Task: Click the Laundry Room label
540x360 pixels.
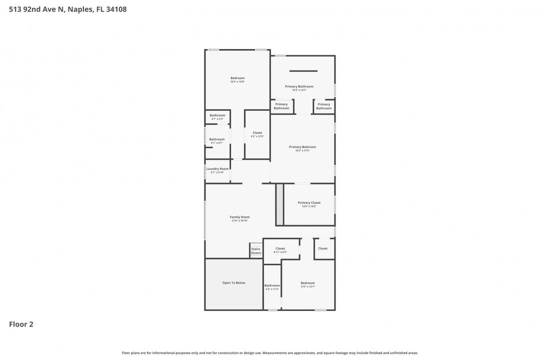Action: [217, 169]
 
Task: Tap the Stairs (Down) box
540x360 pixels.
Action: [256, 250]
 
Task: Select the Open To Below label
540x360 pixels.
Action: [233, 283]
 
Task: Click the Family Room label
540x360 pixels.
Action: [239, 217]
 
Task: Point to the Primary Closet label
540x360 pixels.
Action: [309, 202]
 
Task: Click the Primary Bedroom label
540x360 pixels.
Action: [302, 147]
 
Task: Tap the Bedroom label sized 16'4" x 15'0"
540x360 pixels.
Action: [237, 78]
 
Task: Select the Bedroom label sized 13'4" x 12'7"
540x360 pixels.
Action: [307, 283]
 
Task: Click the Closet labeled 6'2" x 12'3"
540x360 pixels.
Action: [257, 133]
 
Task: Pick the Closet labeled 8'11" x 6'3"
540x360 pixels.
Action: [280, 248]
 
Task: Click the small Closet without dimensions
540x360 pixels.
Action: [323, 248]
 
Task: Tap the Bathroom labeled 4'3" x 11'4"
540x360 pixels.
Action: [272, 285]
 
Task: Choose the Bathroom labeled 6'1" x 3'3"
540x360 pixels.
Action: [217, 115]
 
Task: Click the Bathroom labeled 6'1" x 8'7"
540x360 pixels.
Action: [217, 139]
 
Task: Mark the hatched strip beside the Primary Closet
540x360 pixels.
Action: [279, 204]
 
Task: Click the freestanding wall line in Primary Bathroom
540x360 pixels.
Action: [303, 71]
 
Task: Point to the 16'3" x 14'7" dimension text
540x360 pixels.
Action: [299, 90]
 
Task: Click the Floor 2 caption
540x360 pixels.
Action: [21, 324]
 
